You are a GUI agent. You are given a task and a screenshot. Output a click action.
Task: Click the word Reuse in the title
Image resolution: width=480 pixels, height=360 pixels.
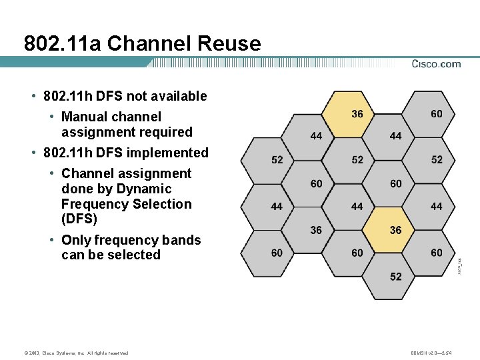pyautogui.click(x=228, y=44)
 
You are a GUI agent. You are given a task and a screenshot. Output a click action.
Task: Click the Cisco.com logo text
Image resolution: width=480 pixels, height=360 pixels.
pyautogui.click(x=436, y=64)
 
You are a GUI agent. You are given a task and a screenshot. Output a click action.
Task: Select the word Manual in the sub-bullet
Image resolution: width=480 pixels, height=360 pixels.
pyautogui.click(x=85, y=117)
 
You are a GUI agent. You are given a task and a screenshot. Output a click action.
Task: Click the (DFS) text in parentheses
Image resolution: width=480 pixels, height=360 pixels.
pyautogui.click(x=79, y=219)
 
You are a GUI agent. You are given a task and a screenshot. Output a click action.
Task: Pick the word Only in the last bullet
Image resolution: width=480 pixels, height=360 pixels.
pyautogui.click(x=75, y=240)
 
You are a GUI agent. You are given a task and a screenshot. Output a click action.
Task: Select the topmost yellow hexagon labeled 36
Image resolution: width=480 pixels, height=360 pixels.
pyautogui.click(x=357, y=113)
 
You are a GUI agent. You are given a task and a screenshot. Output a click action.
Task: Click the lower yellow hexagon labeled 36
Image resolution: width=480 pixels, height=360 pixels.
pyautogui.click(x=396, y=230)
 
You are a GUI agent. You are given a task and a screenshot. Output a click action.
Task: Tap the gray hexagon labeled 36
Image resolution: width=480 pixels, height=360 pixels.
pyautogui.click(x=316, y=230)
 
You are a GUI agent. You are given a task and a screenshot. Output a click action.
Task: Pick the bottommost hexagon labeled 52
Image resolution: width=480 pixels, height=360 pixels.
pyautogui.click(x=396, y=276)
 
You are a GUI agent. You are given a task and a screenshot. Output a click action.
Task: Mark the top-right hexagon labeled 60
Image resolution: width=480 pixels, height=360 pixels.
pyautogui.click(x=436, y=113)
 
